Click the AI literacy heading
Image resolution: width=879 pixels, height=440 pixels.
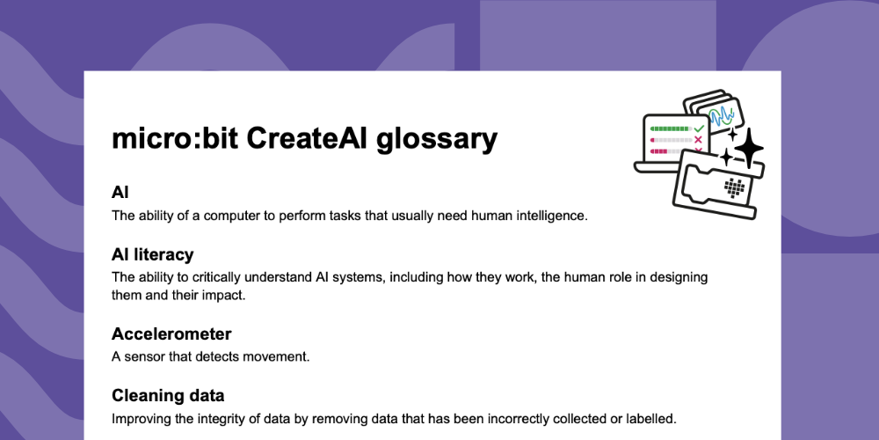point(152,254)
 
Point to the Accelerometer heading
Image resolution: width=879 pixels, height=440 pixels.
point(171,334)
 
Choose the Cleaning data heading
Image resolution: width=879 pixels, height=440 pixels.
point(168,395)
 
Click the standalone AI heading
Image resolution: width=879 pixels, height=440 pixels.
point(120,192)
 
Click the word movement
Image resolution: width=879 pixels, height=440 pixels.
point(280,356)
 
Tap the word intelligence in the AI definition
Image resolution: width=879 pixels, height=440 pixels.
point(546,215)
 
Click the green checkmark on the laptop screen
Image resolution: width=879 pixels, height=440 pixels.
point(699,128)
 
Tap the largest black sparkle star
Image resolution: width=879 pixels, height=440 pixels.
point(748,150)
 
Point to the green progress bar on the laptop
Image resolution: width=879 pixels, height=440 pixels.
point(669,128)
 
